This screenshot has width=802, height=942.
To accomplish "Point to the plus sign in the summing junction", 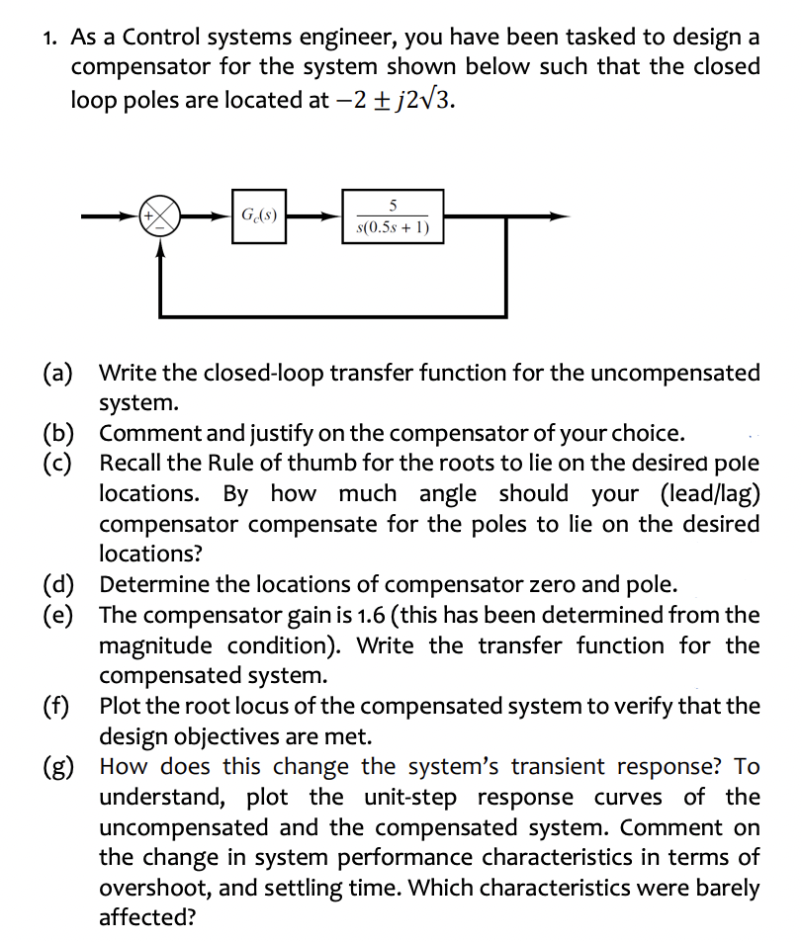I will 152,212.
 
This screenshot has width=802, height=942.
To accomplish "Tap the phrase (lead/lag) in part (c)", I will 709,493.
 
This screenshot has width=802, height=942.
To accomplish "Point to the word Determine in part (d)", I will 148,584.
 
